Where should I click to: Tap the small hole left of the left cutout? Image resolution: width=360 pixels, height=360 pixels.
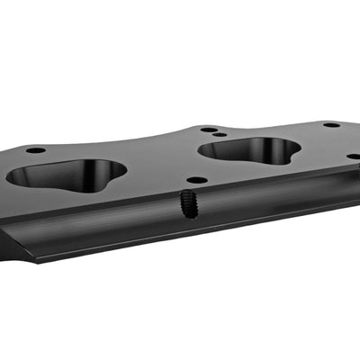tap(35, 149)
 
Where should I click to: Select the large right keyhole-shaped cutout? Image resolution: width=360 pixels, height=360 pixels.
tap(247, 150)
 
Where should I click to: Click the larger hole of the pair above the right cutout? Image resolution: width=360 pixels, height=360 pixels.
tap(209, 130)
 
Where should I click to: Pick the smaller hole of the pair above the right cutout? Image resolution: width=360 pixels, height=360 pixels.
tap(220, 134)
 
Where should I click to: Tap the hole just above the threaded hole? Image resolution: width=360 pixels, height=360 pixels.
tap(196, 179)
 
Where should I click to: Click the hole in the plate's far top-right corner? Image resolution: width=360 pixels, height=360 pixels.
tap(331, 124)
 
